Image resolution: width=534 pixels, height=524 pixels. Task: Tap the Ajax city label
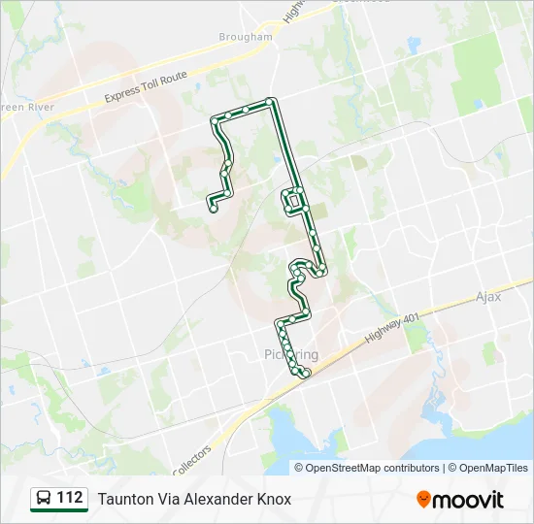coord(488,297)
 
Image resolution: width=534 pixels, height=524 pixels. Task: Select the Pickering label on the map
coord(290,354)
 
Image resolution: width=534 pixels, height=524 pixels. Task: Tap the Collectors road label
coord(191,459)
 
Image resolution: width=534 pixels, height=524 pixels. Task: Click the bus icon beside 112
coord(43,499)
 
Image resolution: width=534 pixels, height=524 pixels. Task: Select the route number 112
coord(70,499)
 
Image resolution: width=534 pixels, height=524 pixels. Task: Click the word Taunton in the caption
coord(123,500)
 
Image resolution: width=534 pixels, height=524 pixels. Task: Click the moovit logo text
coord(468,500)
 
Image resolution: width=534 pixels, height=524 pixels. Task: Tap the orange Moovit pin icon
coord(423,500)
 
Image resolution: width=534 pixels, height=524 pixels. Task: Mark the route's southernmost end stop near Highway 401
coord(307,374)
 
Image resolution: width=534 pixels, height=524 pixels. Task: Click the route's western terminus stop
coord(212,207)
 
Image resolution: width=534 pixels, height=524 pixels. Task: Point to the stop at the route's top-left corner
coord(215,121)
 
